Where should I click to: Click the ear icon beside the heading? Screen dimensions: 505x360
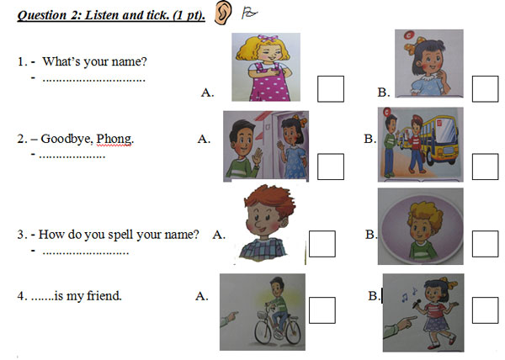[x=223, y=13]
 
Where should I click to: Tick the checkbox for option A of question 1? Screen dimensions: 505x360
[x=331, y=89]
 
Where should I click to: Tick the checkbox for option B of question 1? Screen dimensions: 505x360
[x=486, y=89]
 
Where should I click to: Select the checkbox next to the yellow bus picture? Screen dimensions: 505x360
[x=486, y=167]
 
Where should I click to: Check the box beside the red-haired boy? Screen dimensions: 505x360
[x=322, y=244]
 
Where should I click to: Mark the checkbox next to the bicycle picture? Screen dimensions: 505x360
[x=322, y=310]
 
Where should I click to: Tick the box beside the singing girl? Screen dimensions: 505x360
[x=486, y=310]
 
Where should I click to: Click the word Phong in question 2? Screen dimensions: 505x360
[x=114, y=139]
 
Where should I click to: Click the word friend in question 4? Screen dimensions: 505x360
[x=104, y=296]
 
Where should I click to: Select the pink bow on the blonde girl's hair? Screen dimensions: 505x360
[x=268, y=39]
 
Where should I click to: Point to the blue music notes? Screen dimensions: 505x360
[x=409, y=294]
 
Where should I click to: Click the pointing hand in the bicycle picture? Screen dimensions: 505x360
[x=229, y=319]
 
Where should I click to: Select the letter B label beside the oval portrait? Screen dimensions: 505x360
[x=371, y=235]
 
